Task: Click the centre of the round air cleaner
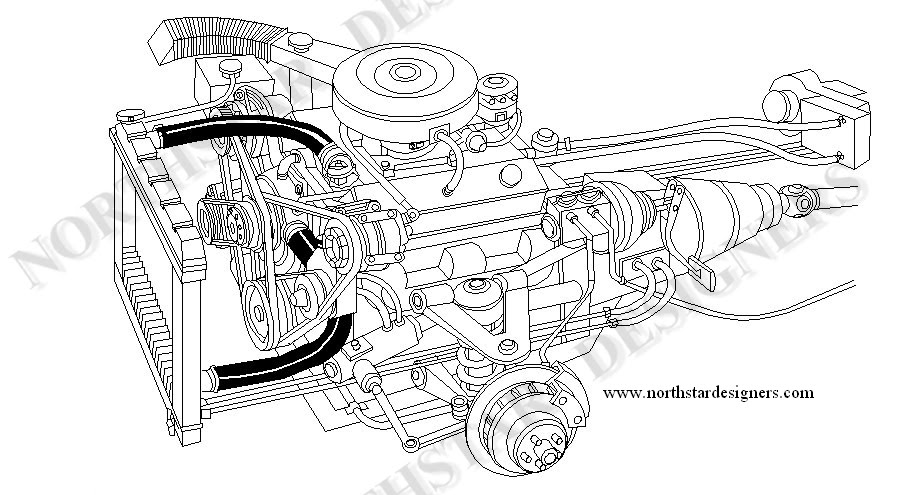405,72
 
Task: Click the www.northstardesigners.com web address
709,393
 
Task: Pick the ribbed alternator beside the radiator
225,215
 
